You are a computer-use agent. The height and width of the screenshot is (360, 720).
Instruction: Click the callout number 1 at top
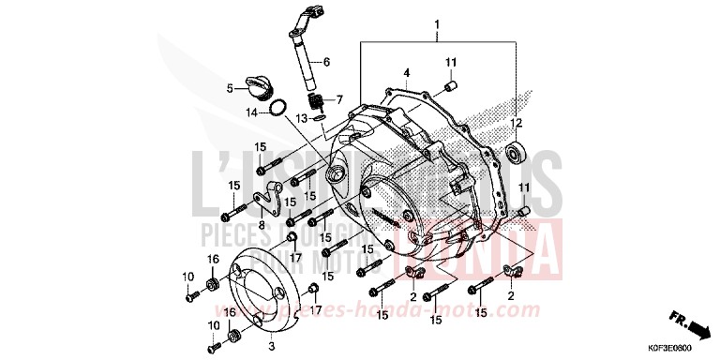437,22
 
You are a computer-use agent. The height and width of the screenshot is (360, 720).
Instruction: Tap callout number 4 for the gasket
407,72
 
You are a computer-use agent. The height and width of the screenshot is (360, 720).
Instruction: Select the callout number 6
327,63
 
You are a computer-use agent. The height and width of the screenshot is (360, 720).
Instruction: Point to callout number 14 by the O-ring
250,112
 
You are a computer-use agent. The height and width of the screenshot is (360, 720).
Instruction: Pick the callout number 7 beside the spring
340,97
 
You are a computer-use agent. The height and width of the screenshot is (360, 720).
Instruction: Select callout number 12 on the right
515,124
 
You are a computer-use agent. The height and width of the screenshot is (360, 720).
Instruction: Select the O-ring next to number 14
277,110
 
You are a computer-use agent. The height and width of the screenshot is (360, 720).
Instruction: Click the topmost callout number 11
450,63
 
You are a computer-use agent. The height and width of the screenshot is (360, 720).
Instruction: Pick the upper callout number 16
214,259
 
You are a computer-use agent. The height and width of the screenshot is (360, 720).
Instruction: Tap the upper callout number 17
295,259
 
